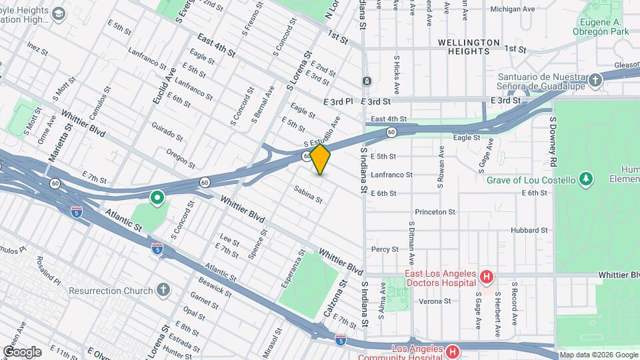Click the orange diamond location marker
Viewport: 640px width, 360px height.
321,159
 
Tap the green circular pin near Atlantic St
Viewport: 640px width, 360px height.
157,197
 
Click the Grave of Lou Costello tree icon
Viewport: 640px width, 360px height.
586,179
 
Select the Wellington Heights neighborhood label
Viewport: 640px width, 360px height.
469,43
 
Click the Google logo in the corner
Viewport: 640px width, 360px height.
22,351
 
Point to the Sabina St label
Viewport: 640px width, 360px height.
309,194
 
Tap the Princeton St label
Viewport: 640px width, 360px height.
435,212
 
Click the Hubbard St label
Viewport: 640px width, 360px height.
529,230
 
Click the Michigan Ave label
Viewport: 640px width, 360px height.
512,9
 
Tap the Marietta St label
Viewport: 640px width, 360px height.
59,141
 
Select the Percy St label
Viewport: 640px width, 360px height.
385,249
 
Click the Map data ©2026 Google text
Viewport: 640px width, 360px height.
598,355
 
